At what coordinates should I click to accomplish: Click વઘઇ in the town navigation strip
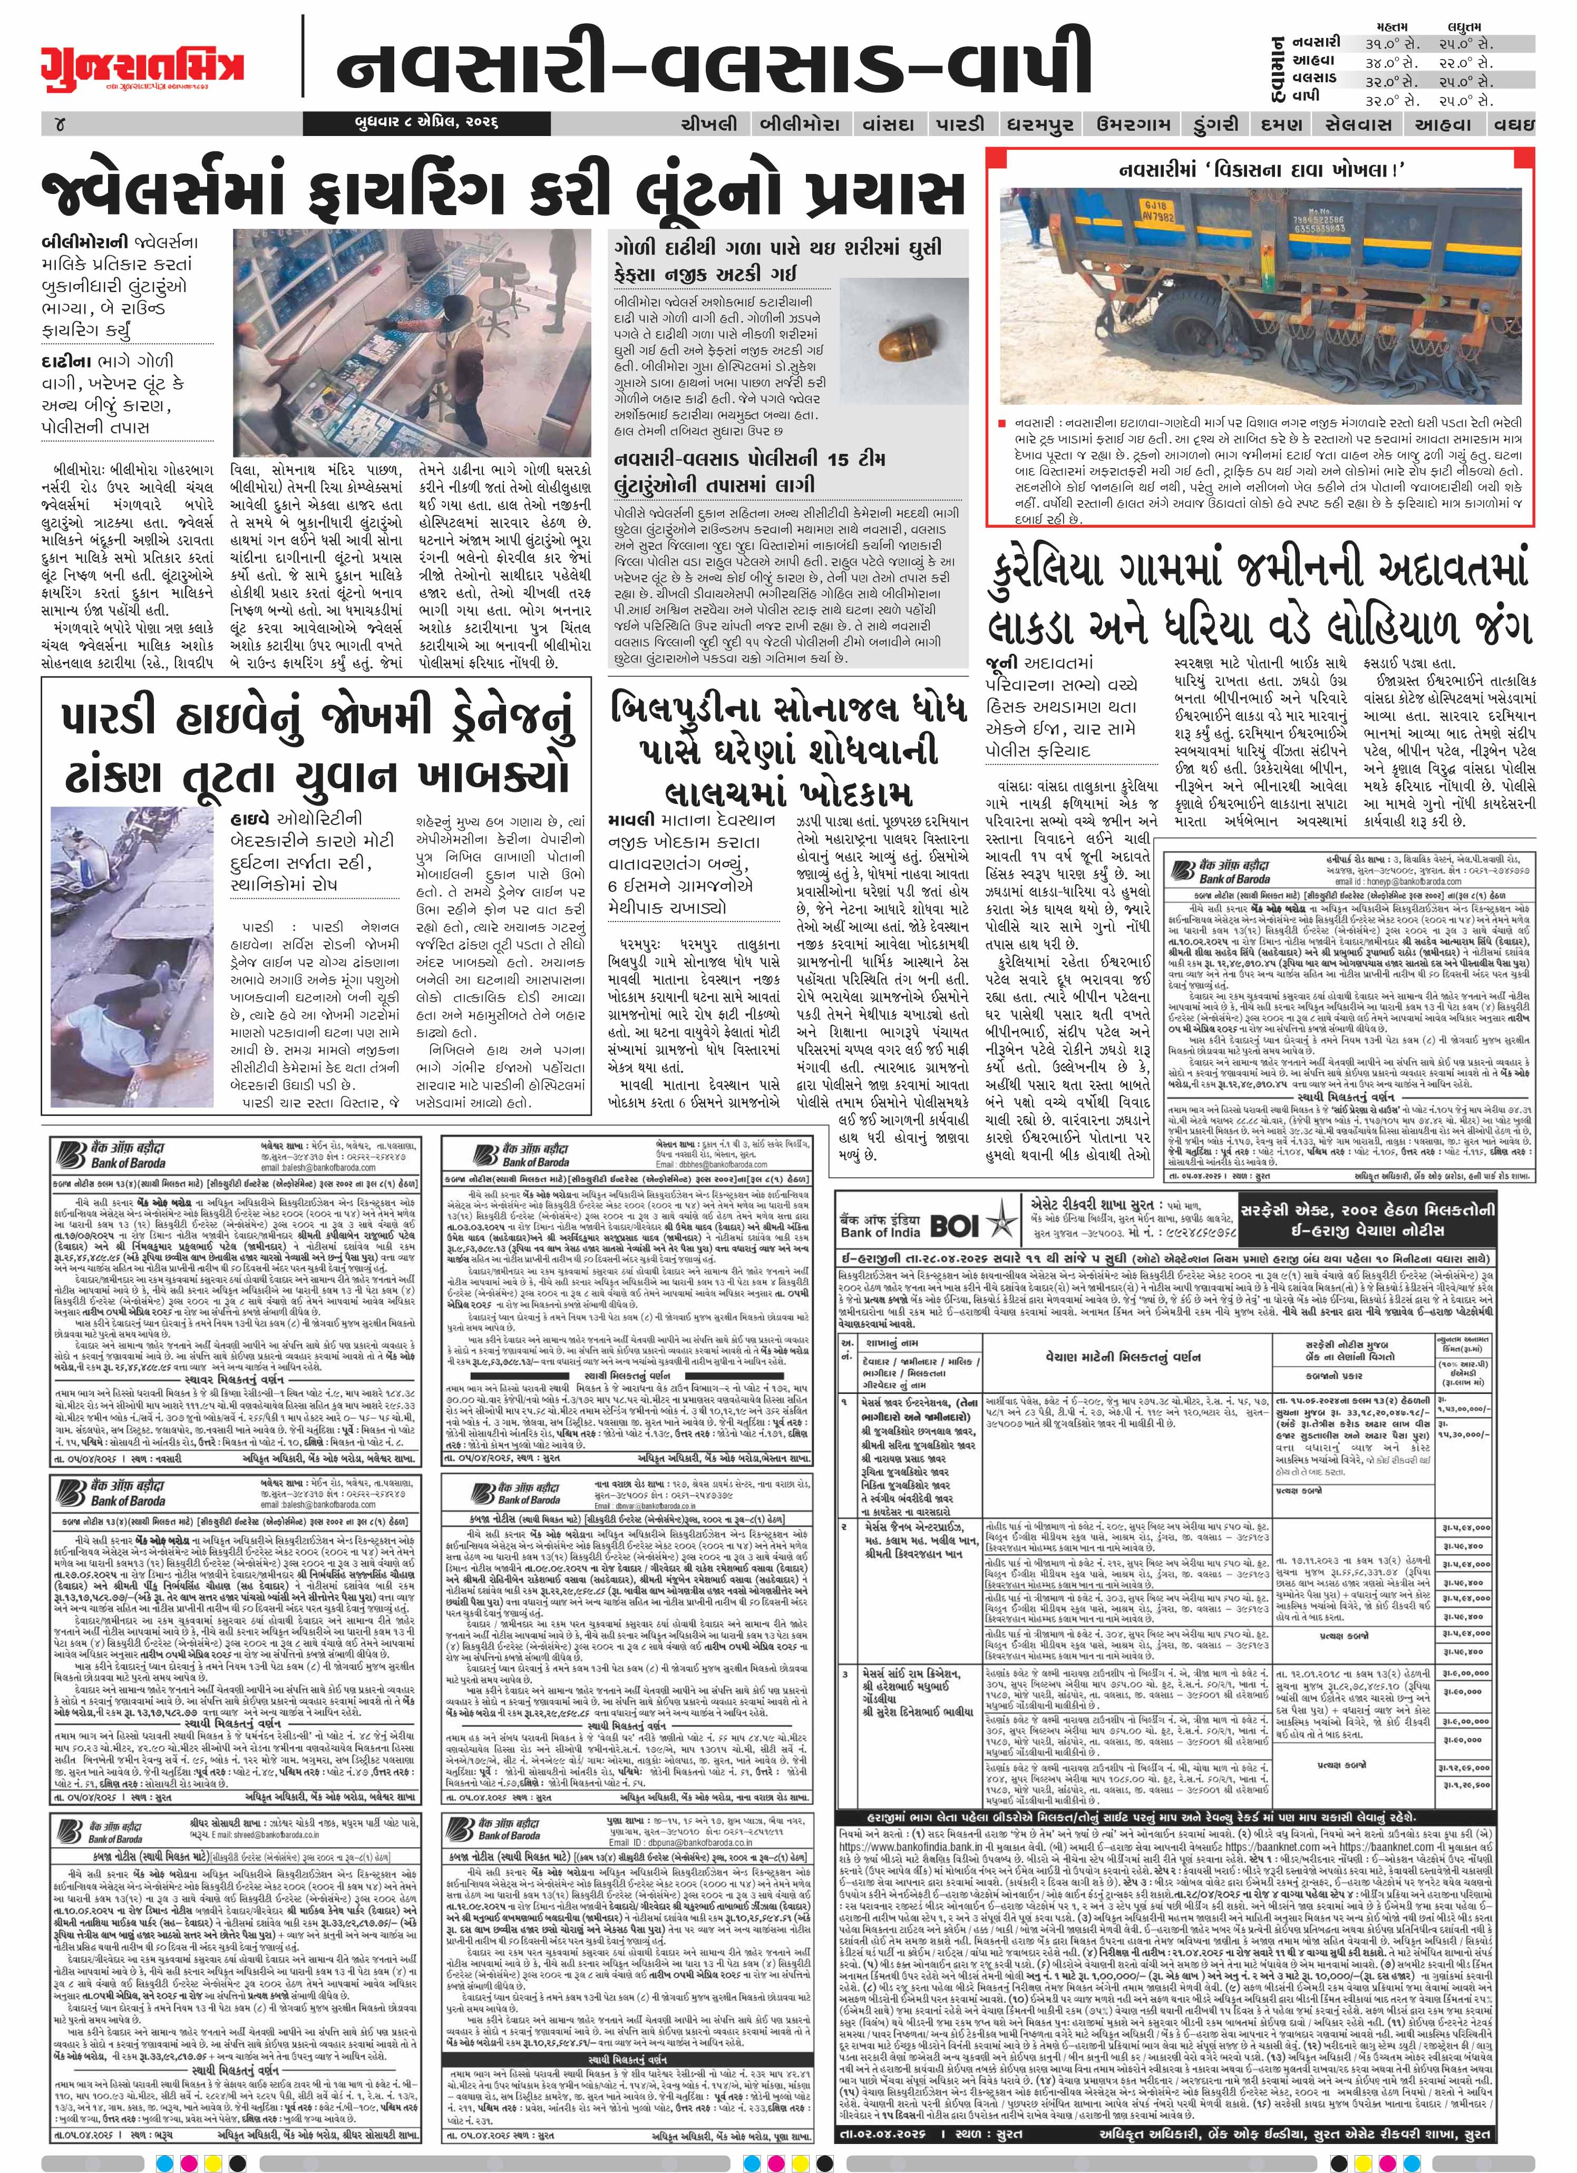[1516, 123]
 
